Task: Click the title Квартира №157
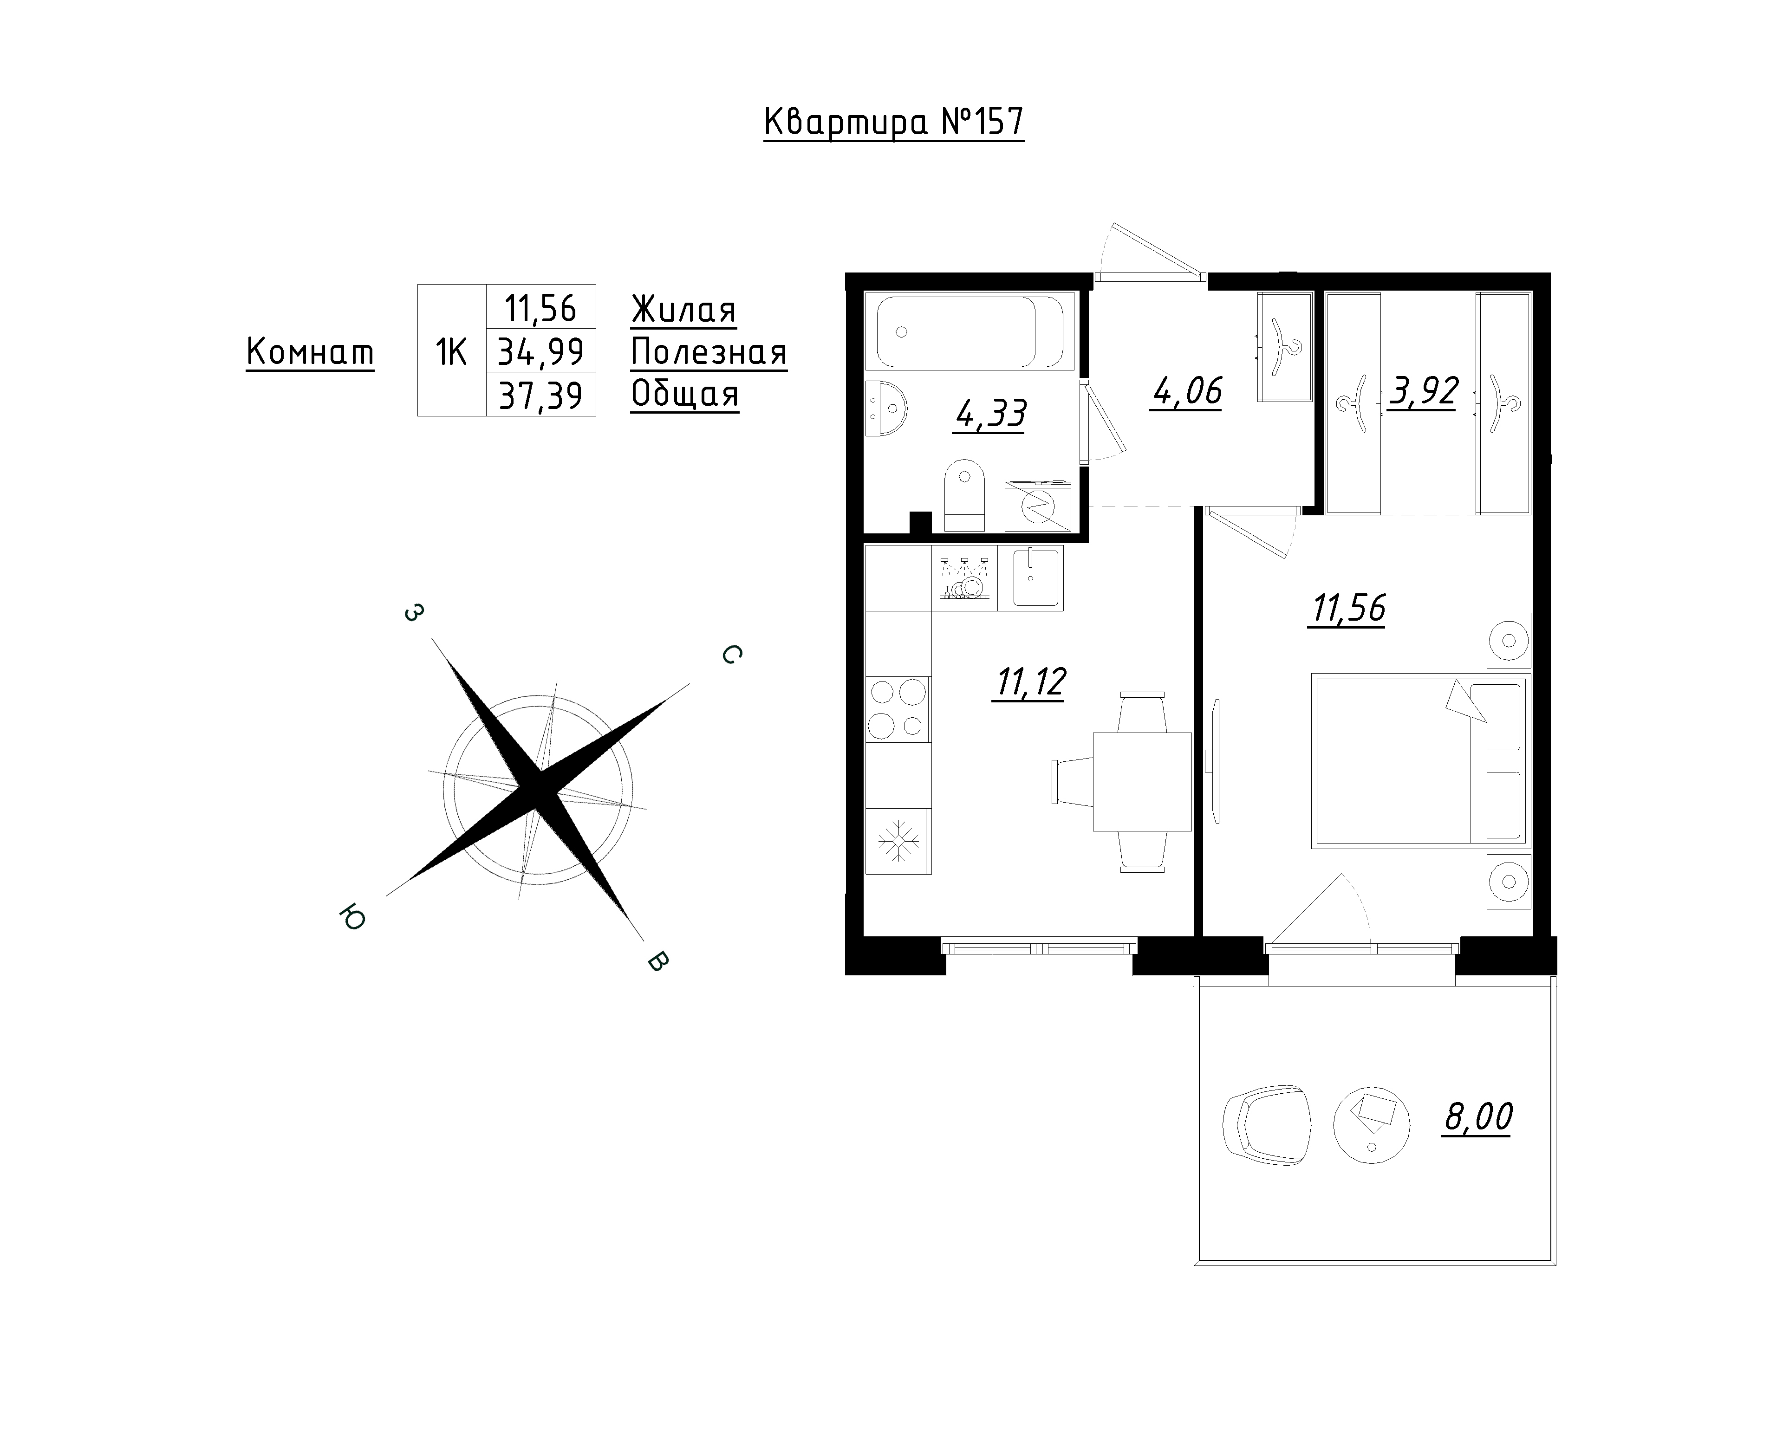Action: click(894, 123)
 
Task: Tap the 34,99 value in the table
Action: click(541, 352)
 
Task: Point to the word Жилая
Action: click(683, 310)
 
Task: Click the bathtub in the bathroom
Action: click(970, 331)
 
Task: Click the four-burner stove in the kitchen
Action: click(897, 709)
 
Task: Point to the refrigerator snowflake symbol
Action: click(898, 841)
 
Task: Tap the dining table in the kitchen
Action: click(1142, 781)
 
